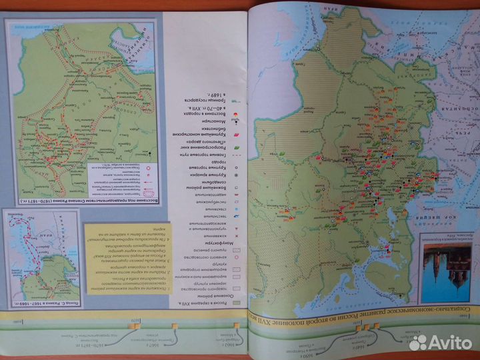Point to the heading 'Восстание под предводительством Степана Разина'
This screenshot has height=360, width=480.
click(x=85, y=201)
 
